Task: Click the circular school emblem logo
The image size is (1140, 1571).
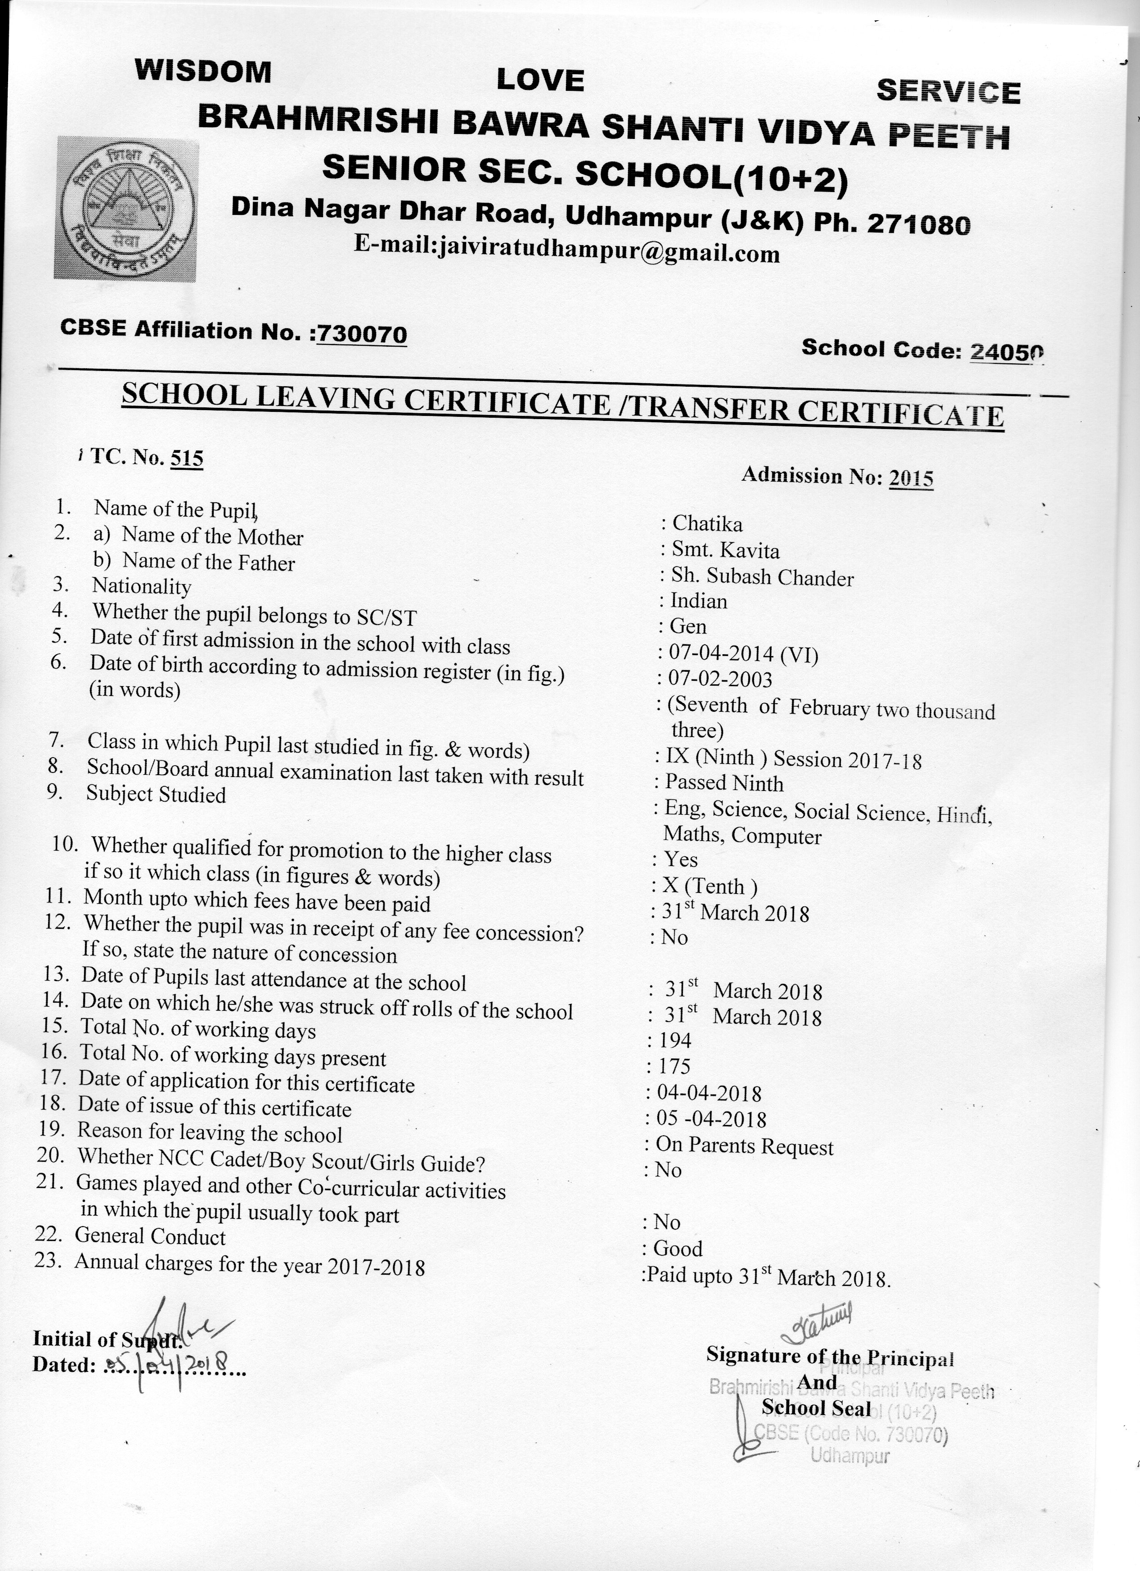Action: pyautogui.click(x=126, y=208)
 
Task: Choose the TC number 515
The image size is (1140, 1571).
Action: pyautogui.click(x=186, y=458)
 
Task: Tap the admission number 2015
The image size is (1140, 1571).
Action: pyautogui.click(x=911, y=478)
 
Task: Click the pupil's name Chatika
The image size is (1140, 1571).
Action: pyautogui.click(x=707, y=524)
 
